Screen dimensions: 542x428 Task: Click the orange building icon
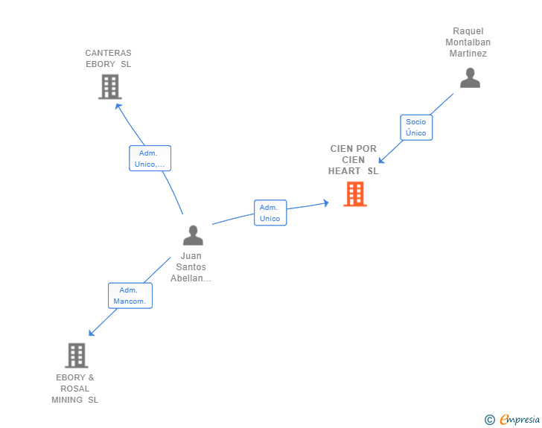[355, 194]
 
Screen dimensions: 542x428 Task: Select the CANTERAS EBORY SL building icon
[110, 87]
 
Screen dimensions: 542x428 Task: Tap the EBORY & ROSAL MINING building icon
[77, 355]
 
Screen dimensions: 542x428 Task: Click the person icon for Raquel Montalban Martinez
[470, 78]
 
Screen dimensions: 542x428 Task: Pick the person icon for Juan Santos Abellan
[194, 235]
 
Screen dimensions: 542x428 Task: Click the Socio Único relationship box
[416, 127]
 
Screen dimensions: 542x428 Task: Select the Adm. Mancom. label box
[130, 296]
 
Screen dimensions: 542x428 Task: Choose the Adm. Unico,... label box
[150, 159]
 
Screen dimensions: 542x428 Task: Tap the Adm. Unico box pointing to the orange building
[270, 213]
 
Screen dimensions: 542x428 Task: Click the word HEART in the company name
[344, 171]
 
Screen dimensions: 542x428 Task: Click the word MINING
[67, 400]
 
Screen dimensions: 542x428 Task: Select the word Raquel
[468, 31]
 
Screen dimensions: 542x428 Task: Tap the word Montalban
[468, 42]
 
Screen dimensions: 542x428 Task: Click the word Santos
[191, 267]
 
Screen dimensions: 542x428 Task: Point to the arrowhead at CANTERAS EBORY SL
[118, 106]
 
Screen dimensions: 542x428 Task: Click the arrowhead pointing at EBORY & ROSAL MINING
[92, 333]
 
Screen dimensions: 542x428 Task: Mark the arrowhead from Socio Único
[382, 160]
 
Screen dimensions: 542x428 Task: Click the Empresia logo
[520, 419]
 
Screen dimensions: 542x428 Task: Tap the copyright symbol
[490, 420]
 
